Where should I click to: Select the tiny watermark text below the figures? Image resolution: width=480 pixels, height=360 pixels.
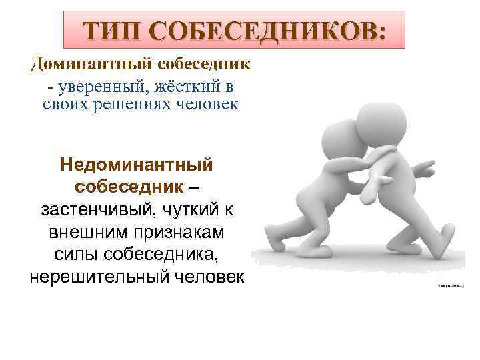(451, 285)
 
